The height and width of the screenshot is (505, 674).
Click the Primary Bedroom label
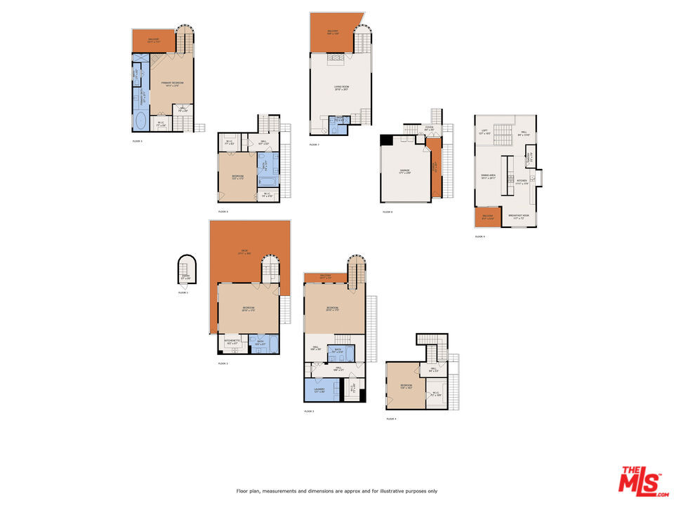[x=172, y=83]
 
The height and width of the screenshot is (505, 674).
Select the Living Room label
[x=341, y=88]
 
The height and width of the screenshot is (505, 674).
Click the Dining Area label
[x=489, y=176]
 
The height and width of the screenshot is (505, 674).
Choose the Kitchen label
[x=522, y=182]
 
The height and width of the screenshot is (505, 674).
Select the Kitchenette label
[x=232, y=342]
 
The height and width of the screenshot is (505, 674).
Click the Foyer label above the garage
[x=429, y=128]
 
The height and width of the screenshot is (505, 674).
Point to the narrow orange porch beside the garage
[x=435, y=168]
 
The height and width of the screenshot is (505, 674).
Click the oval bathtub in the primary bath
[x=139, y=121]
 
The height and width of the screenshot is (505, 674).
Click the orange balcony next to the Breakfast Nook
[x=488, y=217]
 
